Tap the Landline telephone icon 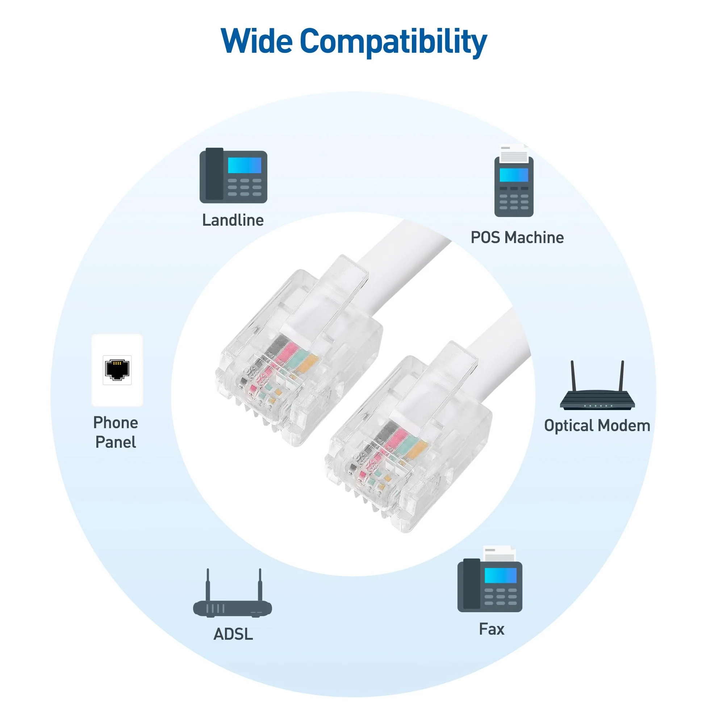233,175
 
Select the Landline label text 233,220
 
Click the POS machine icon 514,181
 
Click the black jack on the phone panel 117,370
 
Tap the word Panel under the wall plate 116,442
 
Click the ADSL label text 233,634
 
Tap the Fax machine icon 490,579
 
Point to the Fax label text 492,629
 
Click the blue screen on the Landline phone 245,166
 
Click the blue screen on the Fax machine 501,576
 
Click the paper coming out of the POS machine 514,154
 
